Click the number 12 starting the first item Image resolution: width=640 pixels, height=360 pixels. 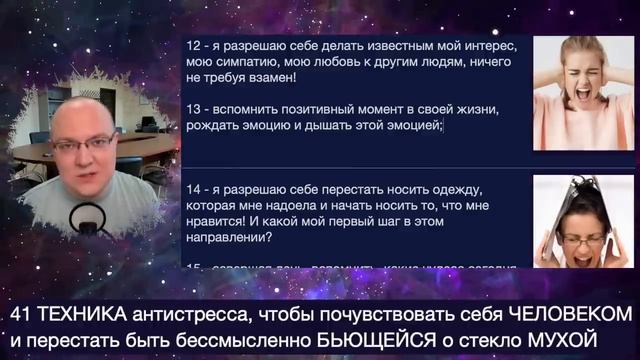point(192,46)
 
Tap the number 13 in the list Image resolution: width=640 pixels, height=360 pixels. point(192,108)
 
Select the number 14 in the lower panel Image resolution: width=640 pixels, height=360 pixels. point(192,189)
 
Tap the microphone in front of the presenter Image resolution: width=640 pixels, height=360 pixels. point(87,217)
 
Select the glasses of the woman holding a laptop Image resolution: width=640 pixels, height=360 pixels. point(586,239)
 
